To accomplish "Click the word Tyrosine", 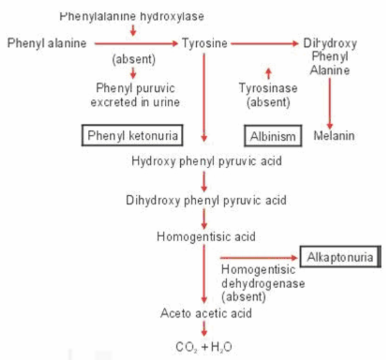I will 205,43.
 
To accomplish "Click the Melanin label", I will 333,136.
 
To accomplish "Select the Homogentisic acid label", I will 206,237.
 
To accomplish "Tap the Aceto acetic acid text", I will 206,314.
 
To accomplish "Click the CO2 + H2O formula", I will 203,347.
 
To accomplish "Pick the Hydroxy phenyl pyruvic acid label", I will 206,160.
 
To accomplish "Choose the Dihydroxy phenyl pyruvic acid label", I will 206,200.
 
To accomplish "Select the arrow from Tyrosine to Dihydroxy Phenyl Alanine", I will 265,43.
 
